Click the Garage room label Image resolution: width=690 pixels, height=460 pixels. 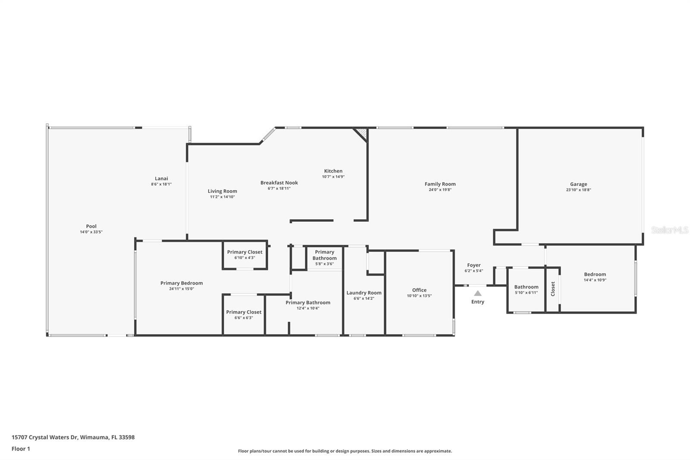(578, 184)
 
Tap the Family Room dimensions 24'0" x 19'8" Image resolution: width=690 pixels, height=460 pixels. (440, 189)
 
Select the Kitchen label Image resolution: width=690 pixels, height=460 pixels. (333, 171)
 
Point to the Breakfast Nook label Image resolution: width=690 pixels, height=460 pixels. (279, 183)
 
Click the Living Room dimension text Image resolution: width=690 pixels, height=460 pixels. (222, 197)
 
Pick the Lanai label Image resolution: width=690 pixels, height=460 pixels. (161, 178)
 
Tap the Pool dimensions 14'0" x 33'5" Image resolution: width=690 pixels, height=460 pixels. (91, 232)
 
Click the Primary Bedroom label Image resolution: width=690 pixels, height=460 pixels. (182, 283)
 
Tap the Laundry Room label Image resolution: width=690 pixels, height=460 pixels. (364, 293)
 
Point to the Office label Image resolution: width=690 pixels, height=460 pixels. (419, 290)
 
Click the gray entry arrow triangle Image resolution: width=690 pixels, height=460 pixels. (477, 293)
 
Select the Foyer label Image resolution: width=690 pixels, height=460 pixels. (474, 265)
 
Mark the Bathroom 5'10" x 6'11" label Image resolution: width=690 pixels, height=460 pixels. (526, 287)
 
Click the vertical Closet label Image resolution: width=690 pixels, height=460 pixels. (552, 289)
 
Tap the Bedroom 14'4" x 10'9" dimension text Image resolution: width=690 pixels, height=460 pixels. (595, 280)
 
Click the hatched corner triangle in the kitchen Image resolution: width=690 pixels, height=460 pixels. (362, 134)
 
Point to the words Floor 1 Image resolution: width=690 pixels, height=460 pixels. (21, 449)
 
